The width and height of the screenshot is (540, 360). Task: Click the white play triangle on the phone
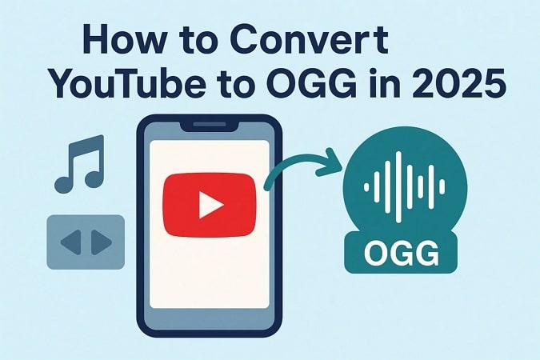coord(210,206)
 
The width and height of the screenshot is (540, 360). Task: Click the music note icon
coord(80,164)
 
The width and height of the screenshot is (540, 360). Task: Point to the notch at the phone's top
coord(210,126)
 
